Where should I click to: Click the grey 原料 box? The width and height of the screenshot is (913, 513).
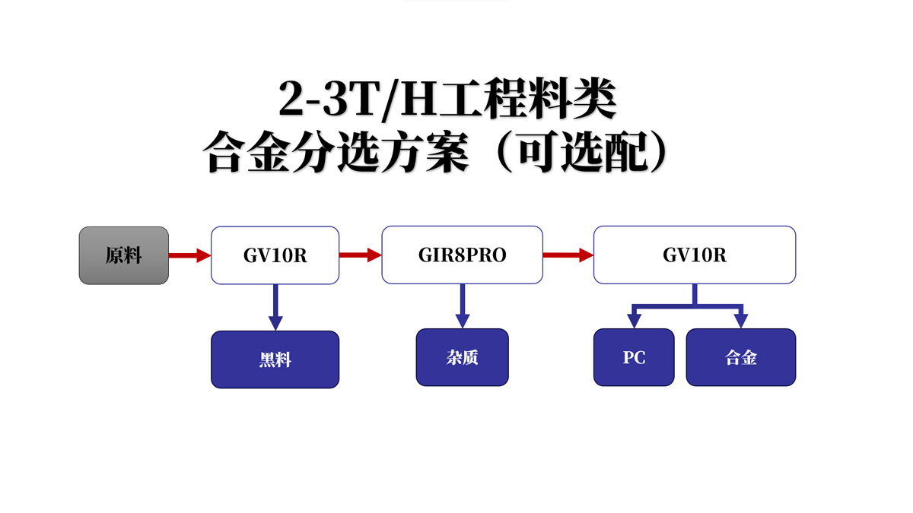coord(124,255)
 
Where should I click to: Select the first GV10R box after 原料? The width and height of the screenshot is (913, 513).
coord(275,255)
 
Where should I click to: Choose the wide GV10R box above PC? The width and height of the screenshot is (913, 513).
coord(694,255)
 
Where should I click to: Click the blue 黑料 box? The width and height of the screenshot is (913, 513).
coord(275,359)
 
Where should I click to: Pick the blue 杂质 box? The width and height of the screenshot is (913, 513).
coord(462,357)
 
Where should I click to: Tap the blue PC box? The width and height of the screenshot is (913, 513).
coord(634,357)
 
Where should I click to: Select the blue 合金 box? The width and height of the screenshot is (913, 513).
coord(740,357)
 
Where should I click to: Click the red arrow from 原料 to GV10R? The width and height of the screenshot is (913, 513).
coord(189,255)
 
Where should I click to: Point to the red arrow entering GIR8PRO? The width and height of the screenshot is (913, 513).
coord(360,255)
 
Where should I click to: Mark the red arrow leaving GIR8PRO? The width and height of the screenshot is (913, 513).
coord(568,255)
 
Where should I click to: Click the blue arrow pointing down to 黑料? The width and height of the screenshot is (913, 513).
coord(275,307)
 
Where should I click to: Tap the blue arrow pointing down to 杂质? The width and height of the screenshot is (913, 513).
coord(462,306)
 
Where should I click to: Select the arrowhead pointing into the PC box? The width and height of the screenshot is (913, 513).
coord(634,320)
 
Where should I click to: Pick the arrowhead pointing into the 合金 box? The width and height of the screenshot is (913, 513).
coord(740,320)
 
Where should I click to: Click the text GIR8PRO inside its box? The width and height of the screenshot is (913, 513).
coord(462,256)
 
